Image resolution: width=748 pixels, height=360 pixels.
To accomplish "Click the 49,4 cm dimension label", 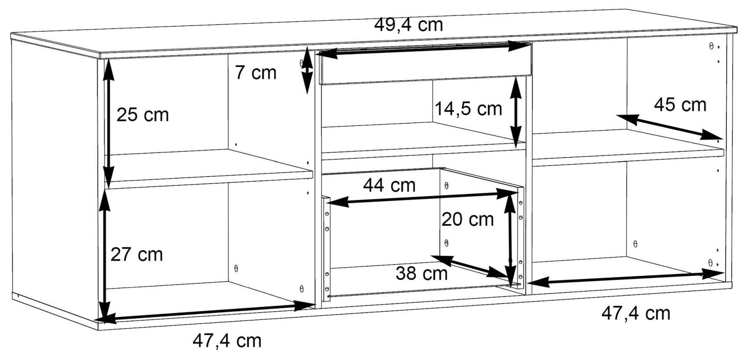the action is coord(408,26).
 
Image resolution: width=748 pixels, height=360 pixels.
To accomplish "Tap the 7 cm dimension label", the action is coord(256,73).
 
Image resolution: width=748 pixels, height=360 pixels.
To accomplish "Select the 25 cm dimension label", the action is coord(143,115).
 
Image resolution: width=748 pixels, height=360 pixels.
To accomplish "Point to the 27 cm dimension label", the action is coord(136,255).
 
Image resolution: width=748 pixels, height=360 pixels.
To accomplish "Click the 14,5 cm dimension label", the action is coord(468,109).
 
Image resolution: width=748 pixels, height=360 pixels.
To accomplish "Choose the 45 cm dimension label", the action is coord(680,105).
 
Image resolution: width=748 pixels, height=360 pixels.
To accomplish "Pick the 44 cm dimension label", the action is coord(389,185).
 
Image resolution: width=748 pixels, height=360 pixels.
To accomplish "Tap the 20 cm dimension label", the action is coord(467,220).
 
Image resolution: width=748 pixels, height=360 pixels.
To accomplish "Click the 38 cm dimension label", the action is coord(422,273).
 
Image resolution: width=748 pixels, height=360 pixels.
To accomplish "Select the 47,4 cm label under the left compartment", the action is coord(227,341).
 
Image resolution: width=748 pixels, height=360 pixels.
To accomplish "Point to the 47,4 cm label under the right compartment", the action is coord(636,314).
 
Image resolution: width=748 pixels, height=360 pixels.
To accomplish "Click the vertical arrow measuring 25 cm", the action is coord(108,124).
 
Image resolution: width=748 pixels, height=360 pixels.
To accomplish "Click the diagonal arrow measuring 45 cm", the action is coord(670,127).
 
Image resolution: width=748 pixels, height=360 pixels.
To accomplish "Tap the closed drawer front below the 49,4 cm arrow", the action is coord(425,63).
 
